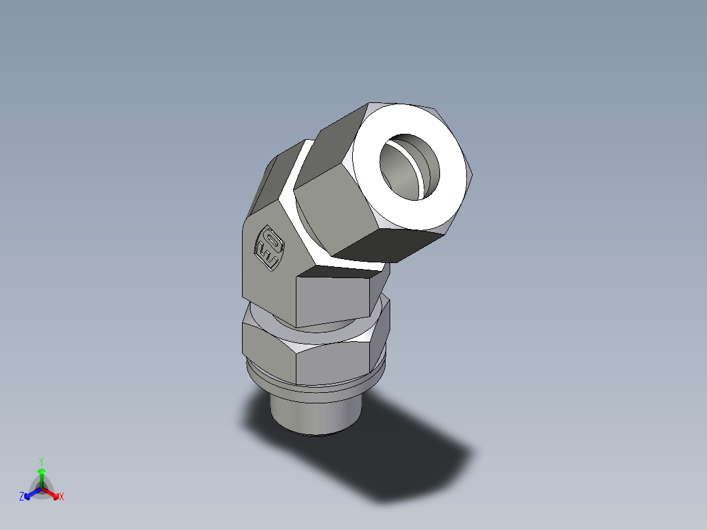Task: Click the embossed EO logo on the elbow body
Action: coord(269,247)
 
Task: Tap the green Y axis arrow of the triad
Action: coord(41,474)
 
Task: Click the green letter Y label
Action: coord(41,461)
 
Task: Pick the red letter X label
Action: coord(62,497)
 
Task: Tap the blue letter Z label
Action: coord(22,497)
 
